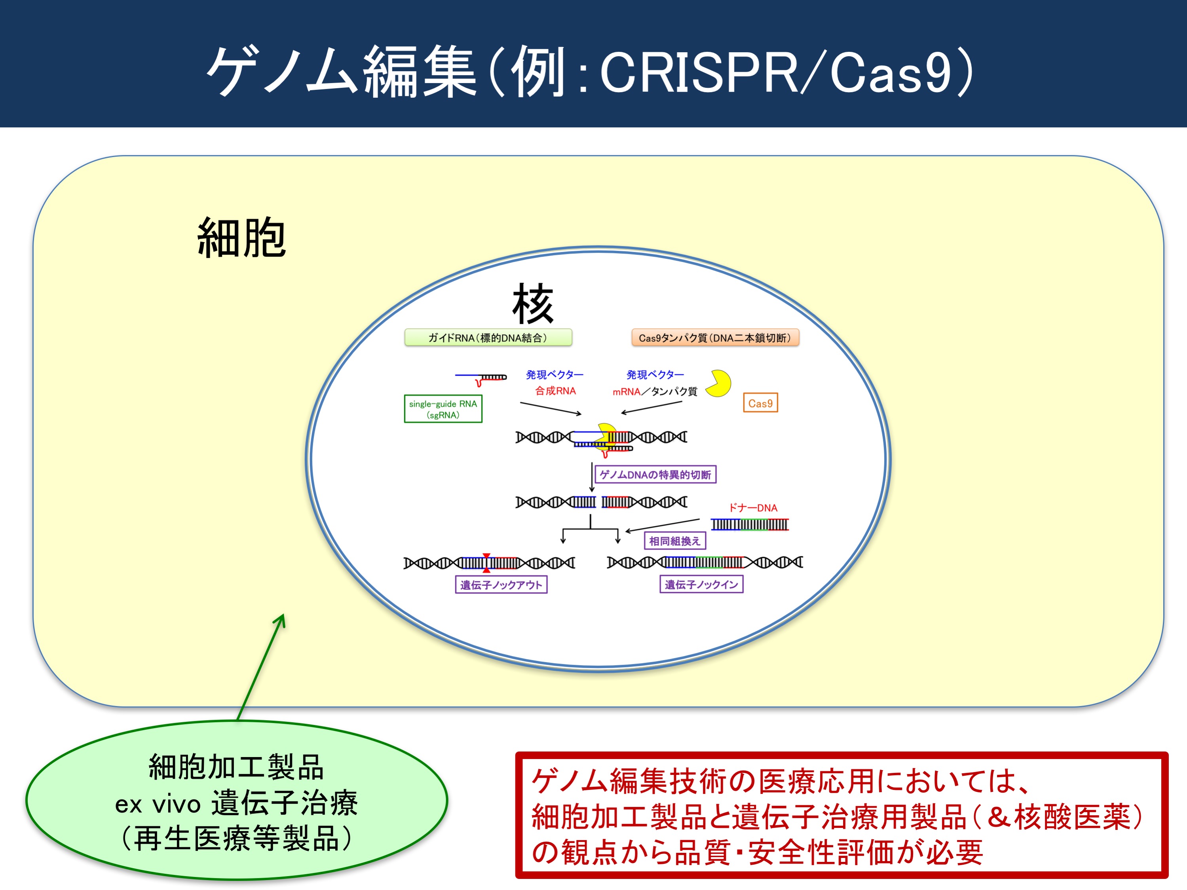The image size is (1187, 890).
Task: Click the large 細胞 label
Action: (241, 238)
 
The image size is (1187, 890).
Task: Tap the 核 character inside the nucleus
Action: (532, 304)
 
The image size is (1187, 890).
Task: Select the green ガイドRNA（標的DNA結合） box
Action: (488, 338)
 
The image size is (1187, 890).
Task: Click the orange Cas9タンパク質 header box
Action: (715, 338)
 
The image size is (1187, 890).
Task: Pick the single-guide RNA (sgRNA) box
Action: (443, 409)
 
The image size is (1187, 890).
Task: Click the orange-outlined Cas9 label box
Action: (760, 403)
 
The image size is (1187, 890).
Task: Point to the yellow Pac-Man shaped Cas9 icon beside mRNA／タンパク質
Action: (718, 383)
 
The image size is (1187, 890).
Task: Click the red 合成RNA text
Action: (555, 391)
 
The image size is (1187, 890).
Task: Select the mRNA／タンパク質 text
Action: (655, 391)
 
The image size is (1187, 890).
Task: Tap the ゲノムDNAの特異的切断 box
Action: (655, 474)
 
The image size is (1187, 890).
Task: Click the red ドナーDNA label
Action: (752, 507)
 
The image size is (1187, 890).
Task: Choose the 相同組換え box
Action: (674, 541)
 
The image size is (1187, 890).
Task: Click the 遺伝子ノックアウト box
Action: (501, 585)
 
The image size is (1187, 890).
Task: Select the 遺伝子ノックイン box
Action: (701, 584)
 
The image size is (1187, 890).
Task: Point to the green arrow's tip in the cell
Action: (283, 615)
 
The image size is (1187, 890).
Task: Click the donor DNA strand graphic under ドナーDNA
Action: (750, 524)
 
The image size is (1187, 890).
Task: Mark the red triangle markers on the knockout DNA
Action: (486, 563)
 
